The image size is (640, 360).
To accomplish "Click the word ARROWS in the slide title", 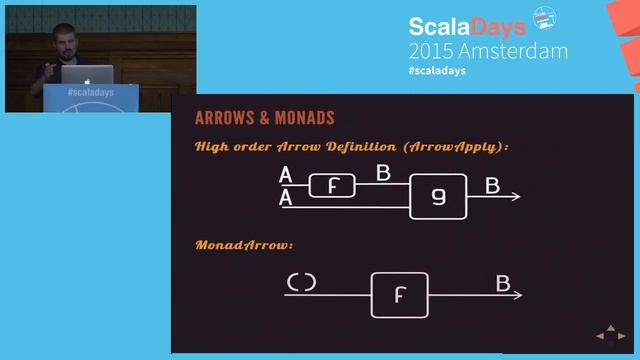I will click(222, 118).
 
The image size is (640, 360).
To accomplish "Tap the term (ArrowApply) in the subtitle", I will click(457, 147).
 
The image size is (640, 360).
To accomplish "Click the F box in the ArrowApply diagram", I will click(332, 185).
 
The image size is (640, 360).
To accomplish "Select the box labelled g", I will click(438, 196).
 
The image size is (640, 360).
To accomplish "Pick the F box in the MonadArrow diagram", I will click(399, 295).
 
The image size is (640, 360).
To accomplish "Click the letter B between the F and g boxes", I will click(383, 173).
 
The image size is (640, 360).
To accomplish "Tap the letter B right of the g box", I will click(492, 186).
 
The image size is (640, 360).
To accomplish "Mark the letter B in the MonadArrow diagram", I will click(503, 284).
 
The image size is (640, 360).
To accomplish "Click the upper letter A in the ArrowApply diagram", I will click(286, 176).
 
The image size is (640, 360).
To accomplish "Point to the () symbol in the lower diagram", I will click(301, 283).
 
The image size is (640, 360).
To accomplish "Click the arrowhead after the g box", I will click(514, 196).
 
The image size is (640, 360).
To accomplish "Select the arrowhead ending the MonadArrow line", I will click(516, 295).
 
